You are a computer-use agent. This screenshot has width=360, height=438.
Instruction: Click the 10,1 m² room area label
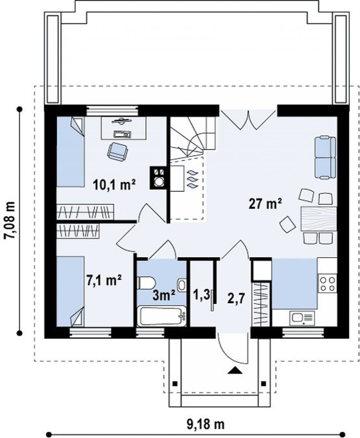(x=115, y=185)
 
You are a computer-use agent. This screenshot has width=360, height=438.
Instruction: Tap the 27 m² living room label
(x=265, y=203)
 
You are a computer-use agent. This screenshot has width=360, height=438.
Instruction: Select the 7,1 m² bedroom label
(x=104, y=280)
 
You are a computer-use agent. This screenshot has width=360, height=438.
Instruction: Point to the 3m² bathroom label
(x=164, y=295)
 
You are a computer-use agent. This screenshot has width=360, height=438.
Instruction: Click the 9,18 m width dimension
(x=206, y=417)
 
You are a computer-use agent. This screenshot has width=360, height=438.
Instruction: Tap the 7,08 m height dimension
(x=10, y=220)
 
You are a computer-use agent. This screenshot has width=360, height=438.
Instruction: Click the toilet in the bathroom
(x=145, y=282)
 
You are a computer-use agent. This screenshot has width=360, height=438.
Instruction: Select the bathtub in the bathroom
(x=162, y=316)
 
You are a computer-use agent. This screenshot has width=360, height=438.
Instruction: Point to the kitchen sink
(x=302, y=318)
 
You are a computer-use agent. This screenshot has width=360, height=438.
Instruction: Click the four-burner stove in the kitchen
(x=328, y=283)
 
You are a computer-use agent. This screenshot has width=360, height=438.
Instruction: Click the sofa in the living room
(x=326, y=157)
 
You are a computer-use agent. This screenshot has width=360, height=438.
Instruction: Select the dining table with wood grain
(x=318, y=219)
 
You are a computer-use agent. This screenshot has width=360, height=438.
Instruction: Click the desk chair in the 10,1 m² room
(x=117, y=151)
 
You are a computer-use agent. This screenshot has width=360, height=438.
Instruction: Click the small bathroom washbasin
(x=182, y=285)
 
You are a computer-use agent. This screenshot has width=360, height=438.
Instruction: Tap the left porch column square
(x=175, y=384)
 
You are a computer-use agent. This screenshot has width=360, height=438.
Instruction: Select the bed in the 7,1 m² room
(x=71, y=292)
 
